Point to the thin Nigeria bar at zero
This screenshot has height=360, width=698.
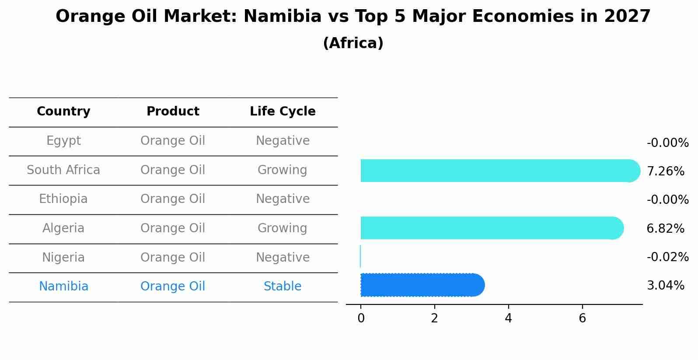360,256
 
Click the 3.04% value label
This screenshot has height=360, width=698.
665,286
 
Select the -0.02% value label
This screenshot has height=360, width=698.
667,257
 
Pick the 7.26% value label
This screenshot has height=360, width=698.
665,171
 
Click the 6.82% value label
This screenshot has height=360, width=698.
665,228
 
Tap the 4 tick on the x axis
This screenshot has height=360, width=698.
508,318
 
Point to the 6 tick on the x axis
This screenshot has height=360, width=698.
582,318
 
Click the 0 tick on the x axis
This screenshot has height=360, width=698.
361,318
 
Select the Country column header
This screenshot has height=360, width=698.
63,112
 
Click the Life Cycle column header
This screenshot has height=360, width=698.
283,112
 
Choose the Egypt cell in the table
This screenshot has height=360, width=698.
63,141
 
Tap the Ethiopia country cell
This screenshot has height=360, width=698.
63,199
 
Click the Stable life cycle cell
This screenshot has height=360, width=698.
283,287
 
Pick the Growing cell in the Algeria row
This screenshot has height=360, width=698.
283,228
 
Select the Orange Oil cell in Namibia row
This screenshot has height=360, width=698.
173,287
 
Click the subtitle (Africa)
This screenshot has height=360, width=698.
353,43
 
